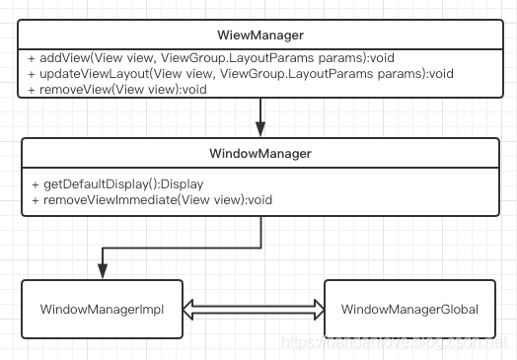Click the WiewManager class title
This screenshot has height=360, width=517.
coord(260,36)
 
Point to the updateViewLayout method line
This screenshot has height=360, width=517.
coord(241,73)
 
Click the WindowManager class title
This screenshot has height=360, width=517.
coord(260,155)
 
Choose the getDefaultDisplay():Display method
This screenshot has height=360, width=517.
coord(116,184)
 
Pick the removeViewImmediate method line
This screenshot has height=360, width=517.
coord(151,199)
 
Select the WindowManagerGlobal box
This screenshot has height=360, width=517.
coord(409,310)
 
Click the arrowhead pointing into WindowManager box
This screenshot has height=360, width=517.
coord(260,130)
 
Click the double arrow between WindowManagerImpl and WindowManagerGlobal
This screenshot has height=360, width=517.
coord(255,310)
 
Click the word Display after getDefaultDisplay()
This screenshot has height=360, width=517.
coord(182,184)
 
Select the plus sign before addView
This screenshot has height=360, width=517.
coord(33,58)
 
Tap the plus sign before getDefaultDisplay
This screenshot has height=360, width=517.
coord(36,184)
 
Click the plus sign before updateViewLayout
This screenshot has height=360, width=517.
coord(33,73)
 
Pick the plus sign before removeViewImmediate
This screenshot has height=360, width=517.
coord(36,199)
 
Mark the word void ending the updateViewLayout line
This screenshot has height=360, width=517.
coord(441,73)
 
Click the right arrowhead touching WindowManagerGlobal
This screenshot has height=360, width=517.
coord(318,310)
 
